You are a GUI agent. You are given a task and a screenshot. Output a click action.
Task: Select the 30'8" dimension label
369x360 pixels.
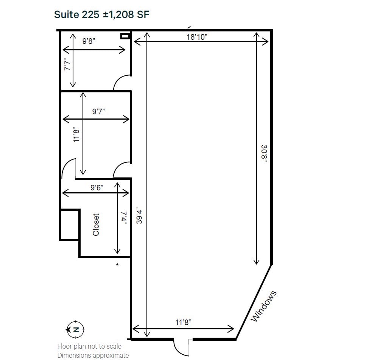click(264, 153)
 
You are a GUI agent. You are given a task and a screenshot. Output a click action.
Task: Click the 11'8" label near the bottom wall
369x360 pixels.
click(183, 322)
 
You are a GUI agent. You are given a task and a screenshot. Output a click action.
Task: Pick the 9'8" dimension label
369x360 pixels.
click(89, 41)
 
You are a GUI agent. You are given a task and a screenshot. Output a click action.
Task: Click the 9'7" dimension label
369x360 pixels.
click(98, 111)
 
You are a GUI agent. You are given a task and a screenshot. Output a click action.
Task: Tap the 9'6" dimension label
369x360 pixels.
click(97, 187)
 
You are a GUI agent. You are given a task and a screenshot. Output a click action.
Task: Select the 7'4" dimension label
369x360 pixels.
click(123, 218)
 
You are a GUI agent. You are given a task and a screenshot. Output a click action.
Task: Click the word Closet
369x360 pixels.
click(96, 225)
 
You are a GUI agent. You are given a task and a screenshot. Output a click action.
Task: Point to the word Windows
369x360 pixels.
click(264, 306)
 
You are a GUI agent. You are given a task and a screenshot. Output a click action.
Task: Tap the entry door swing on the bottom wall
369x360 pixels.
click(181, 347)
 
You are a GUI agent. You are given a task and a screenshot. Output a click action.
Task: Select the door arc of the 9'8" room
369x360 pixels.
click(121, 83)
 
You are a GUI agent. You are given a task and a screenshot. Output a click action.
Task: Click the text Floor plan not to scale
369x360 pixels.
click(89, 346)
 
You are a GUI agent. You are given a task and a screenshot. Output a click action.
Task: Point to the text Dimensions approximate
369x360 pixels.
click(93, 355)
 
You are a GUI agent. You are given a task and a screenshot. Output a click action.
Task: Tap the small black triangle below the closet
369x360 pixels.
click(117, 265)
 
